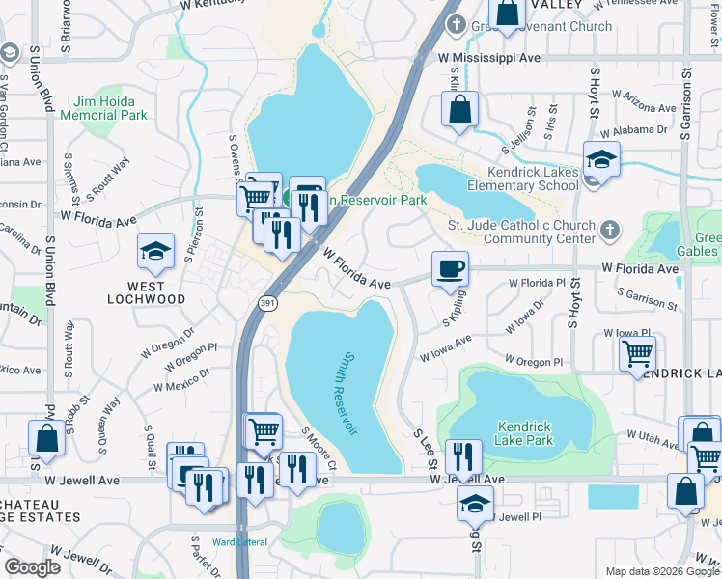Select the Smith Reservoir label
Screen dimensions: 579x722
tap(347, 394)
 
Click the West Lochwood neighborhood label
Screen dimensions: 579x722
tap(146, 299)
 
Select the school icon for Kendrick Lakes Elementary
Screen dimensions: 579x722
tap(601, 159)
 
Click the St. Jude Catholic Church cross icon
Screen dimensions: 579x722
tap(608, 230)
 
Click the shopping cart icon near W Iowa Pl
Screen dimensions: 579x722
tap(637, 356)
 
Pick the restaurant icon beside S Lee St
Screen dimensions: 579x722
tap(463, 456)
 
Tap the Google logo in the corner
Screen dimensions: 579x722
tap(32, 567)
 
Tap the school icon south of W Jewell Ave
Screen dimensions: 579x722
tap(474, 503)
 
